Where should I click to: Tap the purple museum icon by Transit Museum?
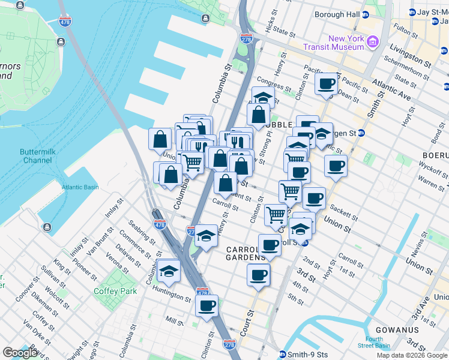coord(373,42)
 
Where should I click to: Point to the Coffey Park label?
coord(115,292)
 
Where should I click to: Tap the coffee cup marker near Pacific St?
coord(327,83)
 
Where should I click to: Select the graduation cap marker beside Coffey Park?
coord(169,271)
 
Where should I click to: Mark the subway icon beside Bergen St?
coord(361,133)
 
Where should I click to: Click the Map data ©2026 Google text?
coord(412,355)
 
